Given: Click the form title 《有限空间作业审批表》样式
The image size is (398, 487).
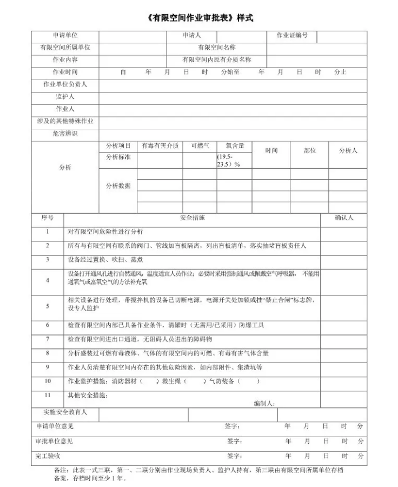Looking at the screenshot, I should (199, 18).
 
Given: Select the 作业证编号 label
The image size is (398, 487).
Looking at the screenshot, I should (292, 36).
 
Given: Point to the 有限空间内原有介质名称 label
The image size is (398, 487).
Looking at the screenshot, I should (217, 60).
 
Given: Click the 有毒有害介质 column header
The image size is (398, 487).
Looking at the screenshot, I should (160, 146).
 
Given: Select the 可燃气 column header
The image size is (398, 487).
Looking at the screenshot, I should (200, 146).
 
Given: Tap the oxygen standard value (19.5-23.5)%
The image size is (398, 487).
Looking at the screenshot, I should (228, 160).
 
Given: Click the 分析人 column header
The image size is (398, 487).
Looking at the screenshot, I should (348, 150).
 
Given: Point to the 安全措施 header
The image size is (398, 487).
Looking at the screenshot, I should (192, 218).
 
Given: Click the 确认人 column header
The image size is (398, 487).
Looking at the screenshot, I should (344, 218).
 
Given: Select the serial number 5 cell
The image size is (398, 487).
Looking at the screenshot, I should (48, 306).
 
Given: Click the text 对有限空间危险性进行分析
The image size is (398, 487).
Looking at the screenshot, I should (105, 232).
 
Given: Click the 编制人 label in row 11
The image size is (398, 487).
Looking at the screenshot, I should (264, 403).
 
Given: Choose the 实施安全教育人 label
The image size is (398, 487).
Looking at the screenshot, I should (65, 413).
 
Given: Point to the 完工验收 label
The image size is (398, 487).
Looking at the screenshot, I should (48, 456).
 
